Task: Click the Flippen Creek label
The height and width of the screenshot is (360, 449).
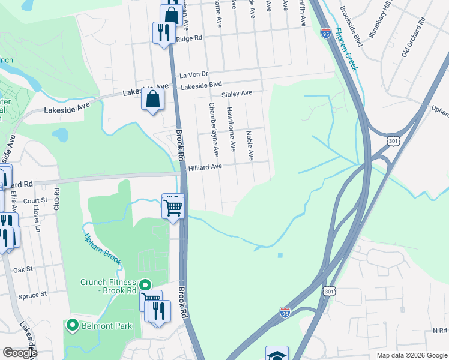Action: pos(347,50)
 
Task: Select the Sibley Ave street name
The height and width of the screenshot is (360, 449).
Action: pos(237,94)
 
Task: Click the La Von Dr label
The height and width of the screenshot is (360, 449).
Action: pos(193,75)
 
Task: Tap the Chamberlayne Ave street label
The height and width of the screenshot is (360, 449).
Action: pos(213,125)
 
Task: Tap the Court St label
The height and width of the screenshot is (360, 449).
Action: pos(35,201)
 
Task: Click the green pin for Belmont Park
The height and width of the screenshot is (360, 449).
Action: pos(73,325)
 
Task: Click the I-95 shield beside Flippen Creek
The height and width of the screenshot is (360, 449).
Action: pos(326,33)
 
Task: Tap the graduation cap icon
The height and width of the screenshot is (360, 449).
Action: pos(277,354)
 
